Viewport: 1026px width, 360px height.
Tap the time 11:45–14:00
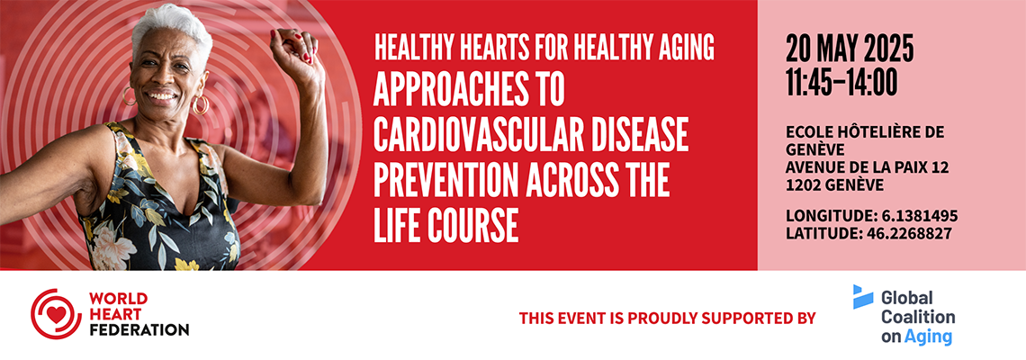(x=841, y=83)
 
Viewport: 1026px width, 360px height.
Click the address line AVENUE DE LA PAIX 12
(x=868, y=168)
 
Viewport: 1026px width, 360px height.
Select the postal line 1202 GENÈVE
(x=835, y=185)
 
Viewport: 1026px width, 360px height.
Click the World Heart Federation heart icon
(x=56, y=313)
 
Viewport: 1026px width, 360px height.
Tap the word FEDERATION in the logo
(x=139, y=329)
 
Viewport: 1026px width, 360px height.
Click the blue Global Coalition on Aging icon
(x=862, y=296)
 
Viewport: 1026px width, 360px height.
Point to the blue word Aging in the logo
(x=928, y=337)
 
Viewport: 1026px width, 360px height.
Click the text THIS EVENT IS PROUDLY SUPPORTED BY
(x=668, y=319)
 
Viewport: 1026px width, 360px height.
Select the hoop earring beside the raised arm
(x=200, y=105)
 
